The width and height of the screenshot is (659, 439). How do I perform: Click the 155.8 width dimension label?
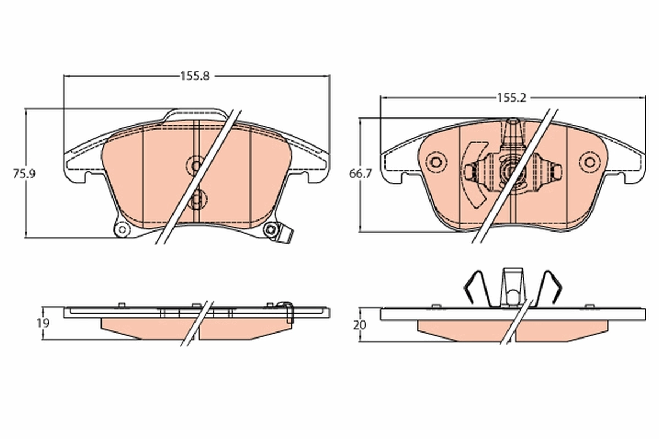pyautogui.click(x=195, y=77)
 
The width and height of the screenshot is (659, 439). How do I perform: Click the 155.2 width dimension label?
pyautogui.click(x=511, y=98)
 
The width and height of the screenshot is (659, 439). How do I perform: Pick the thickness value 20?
pyautogui.click(x=360, y=325)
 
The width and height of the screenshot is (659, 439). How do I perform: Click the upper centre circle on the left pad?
pyautogui.click(x=195, y=165)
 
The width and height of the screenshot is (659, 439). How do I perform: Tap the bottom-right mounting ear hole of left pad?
pyautogui.click(x=270, y=230)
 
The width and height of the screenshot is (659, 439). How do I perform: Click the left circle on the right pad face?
pyautogui.click(x=437, y=162)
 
